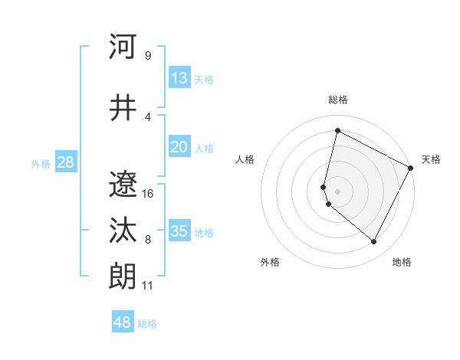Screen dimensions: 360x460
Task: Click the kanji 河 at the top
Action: point(123,47)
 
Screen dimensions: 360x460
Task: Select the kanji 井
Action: point(123,108)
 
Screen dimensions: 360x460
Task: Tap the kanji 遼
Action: point(123,184)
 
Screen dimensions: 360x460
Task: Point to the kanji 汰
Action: point(123,231)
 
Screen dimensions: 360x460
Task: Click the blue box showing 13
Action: point(179,78)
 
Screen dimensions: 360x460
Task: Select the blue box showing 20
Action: point(179,147)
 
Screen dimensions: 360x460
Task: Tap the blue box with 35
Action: point(179,231)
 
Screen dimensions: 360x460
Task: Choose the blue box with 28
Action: point(65,162)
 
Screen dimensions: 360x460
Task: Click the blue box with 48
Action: point(123,322)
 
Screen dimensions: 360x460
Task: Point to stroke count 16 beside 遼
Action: point(148,194)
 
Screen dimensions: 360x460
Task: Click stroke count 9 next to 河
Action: point(147,56)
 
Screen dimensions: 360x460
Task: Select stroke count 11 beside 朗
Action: point(147,286)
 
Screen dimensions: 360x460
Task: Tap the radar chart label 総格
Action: point(338,100)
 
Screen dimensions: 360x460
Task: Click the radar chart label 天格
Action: point(431,159)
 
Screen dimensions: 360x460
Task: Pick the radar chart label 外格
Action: point(270,262)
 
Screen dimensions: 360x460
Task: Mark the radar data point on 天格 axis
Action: point(412,168)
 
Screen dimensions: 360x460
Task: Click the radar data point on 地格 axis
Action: point(374,242)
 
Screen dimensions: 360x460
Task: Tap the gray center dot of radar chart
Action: point(338,191)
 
